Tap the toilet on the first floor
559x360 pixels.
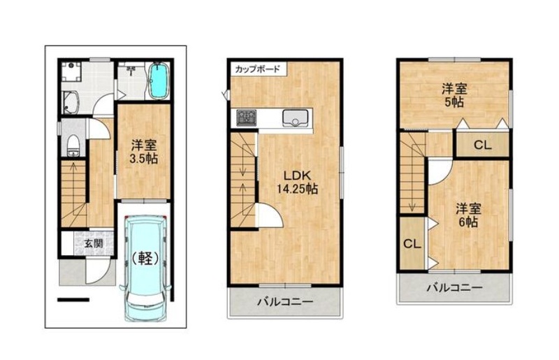73,145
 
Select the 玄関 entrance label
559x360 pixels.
94,243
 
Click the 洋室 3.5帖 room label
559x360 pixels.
144,152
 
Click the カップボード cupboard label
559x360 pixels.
257,69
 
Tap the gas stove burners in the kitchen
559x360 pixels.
247,117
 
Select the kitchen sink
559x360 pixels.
295,117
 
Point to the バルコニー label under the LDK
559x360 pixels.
285,302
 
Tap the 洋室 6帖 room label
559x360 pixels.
468,215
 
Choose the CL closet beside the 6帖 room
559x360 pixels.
412,244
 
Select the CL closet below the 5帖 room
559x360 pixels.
483,145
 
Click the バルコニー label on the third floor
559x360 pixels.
455,287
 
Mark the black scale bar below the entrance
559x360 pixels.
73,300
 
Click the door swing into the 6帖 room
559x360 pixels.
440,172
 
